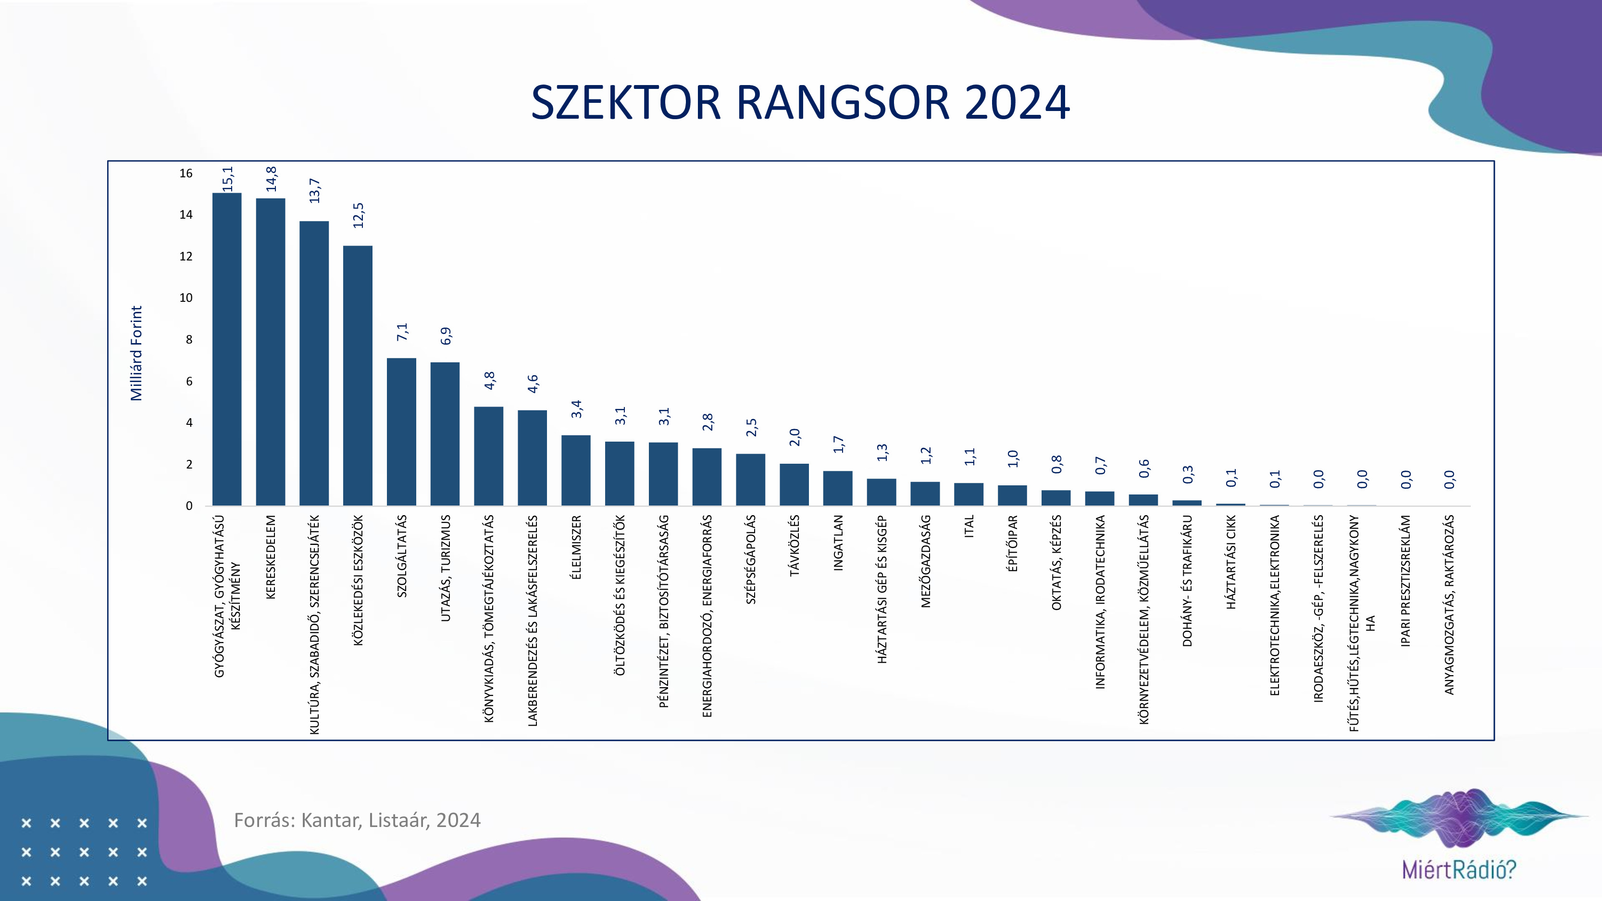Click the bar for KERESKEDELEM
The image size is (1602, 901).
271,352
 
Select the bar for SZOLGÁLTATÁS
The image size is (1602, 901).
401,432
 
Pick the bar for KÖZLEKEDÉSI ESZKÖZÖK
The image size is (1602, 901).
358,376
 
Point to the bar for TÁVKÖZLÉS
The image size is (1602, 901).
794,484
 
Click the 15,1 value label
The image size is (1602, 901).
228,179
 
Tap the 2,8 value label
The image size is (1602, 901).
708,422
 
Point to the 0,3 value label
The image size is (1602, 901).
1188,474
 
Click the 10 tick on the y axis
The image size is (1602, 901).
186,298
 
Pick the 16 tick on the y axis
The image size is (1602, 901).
186,173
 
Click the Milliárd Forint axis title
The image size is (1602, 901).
136,353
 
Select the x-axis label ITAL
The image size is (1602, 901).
969,526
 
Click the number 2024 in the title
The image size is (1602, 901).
1018,103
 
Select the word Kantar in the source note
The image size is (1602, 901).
330,820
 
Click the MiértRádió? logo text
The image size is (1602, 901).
1459,869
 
